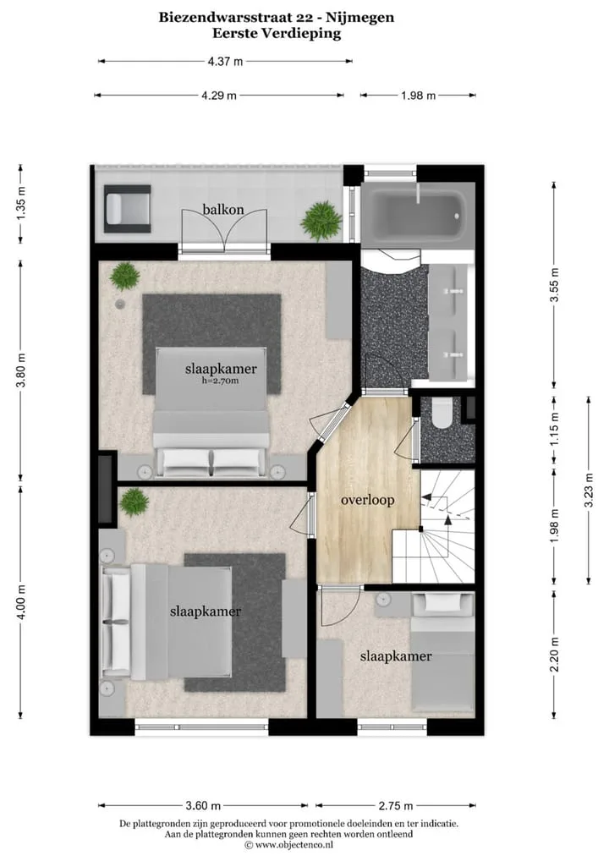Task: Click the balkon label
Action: click(x=223, y=209)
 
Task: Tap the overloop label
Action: click(x=367, y=500)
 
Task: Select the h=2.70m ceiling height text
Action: click(x=220, y=381)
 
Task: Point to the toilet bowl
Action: click(x=442, y=414)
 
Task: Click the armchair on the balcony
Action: click(x=128, y=209)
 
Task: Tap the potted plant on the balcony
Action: click(x=321, y=221)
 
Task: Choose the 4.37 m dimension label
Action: click(x=225, y=62)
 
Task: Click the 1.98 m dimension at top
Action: click(x=419, y=96)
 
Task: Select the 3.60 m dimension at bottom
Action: click(x=203, y=805)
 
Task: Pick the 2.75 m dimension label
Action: click(x=395, y=805)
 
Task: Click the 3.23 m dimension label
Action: click(x=590, y=490)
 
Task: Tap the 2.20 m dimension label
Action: click(x=554, y=654)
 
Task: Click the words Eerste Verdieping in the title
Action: click(x=277, y=34)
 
